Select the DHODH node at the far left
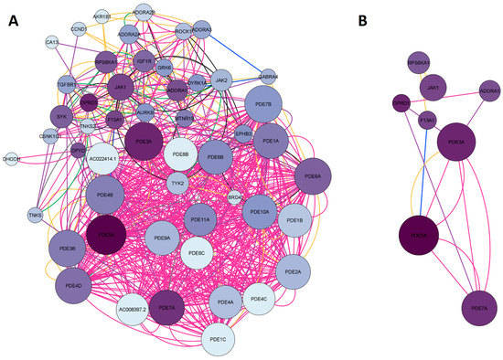tap(12, 158)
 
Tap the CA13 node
tap(53, 41)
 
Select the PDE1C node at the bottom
tap(222, 338)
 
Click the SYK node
tap(62, 118)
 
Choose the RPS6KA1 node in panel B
tap(419, 62)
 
